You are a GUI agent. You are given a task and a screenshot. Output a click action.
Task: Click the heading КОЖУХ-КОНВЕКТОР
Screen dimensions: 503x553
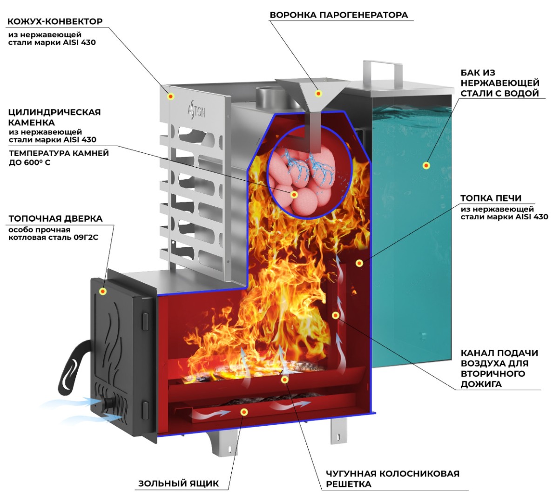coord(55,21)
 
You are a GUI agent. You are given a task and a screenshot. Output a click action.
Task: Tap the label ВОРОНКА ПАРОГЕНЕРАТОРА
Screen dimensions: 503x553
coord(338,15)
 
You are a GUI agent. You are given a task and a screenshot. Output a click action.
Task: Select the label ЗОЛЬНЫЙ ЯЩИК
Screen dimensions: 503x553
coord(178,483)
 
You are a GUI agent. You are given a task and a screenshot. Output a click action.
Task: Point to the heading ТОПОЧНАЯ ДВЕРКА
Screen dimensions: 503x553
coord(55,218)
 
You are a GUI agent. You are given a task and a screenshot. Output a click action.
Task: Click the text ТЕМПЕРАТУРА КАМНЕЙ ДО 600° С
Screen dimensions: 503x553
coord(58,158)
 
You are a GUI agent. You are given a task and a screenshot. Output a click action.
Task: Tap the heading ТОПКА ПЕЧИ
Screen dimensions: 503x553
coord(491,198)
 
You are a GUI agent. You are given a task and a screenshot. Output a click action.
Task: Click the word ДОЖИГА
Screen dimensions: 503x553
coord(481,384)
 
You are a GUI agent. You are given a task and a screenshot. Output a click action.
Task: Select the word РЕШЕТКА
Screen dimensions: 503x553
coord(348,484)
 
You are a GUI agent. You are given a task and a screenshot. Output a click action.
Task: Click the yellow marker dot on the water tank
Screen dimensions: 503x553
coord(425,165)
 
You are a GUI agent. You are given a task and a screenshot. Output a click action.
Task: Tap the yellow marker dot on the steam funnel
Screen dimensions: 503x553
coord(318,93)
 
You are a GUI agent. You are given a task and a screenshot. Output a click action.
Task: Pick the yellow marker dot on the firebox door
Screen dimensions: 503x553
coord(103,292)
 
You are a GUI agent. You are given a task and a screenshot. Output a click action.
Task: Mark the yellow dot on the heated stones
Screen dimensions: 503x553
coord(294,195)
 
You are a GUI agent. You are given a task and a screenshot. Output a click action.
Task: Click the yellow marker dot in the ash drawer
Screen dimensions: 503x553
coord(244,412)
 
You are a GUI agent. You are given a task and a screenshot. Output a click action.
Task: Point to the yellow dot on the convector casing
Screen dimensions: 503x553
coord(171,96)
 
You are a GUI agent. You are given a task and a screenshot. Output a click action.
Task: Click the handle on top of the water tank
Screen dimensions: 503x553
coord(382,69)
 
